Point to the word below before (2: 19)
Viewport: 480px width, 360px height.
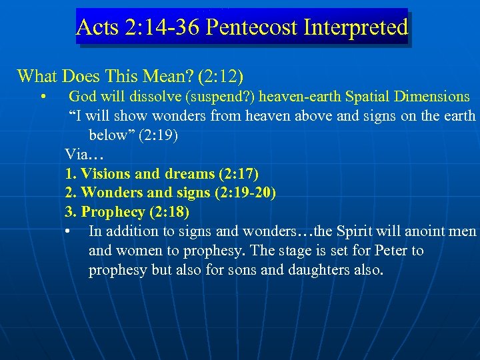[110, 135]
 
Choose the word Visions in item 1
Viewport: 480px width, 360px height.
[105, 174]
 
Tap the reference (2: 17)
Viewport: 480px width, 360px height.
[238, 174]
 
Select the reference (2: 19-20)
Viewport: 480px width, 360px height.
[246, 193]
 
